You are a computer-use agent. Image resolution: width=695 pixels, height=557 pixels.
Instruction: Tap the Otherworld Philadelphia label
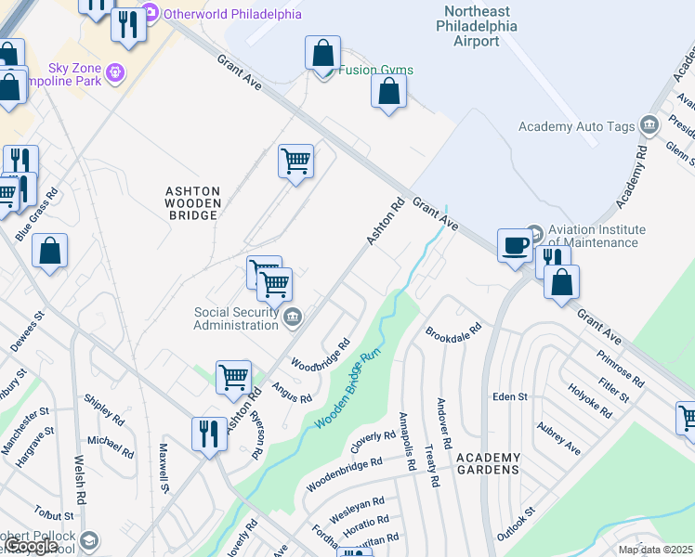[x=232, y=14]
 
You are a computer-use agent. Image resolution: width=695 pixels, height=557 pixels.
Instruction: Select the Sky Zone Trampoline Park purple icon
[x=115, y=71]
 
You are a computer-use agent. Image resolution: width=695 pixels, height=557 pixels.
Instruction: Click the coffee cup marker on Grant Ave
[x=515, y=245]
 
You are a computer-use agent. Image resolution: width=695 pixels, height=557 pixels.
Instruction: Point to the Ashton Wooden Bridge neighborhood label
[x=192, y=202]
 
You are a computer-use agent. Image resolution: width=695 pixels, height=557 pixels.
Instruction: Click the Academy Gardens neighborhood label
[x=487, y=469]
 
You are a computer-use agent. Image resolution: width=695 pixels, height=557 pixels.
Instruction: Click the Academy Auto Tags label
[x=576, y=127]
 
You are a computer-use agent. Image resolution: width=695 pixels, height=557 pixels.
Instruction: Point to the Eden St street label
[x=510, y=396]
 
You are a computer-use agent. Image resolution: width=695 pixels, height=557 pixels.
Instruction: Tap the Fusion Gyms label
[x=375, y=71]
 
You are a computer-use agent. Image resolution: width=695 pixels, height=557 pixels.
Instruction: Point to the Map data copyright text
[x=655, y=550]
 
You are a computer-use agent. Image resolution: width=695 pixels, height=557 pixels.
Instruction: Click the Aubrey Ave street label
[x=558, y=437]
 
